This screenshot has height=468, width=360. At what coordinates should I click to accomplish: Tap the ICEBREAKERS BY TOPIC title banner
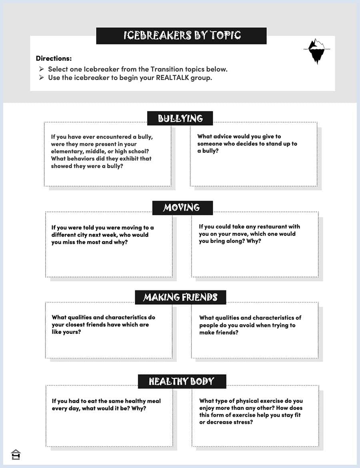point(181,36)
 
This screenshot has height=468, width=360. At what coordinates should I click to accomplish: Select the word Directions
point(54,58)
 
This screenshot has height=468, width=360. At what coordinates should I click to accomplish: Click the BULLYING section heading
point(180,119)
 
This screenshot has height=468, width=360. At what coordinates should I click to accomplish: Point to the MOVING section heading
point(182,208)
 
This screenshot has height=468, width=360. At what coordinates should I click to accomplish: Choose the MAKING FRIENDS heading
point(180,297)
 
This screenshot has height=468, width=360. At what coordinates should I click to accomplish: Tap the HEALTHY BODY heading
point(182,382)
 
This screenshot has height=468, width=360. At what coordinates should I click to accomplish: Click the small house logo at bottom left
point(16,455)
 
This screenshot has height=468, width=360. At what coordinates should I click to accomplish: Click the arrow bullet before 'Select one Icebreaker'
point(42,69)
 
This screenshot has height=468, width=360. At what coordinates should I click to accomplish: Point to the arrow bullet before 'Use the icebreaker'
point(42,78)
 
